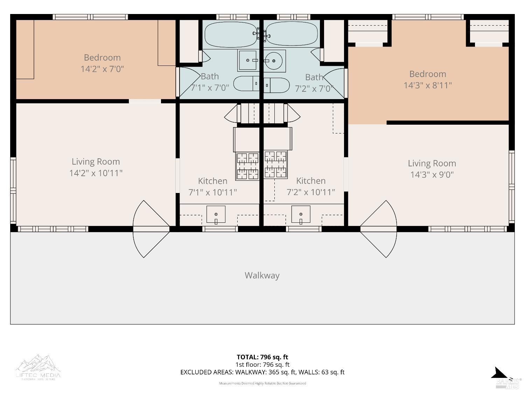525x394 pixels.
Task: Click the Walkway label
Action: coord(262,276)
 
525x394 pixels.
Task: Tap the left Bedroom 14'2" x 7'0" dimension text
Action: coord(102,69)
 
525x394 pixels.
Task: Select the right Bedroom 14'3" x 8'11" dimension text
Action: coord(428,85)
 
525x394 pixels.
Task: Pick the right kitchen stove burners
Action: coord(275,164)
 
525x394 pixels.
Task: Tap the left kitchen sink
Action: coord(216,214)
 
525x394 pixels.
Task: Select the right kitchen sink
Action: coord(301,214)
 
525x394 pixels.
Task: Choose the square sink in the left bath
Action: coord(248,61)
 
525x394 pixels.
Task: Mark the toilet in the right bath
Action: coord(277,85)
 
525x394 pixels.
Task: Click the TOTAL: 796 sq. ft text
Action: coord(262,357)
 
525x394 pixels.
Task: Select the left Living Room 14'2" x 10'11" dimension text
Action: coord(96,173)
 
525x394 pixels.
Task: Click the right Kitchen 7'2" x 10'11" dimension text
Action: coord(311,192)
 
